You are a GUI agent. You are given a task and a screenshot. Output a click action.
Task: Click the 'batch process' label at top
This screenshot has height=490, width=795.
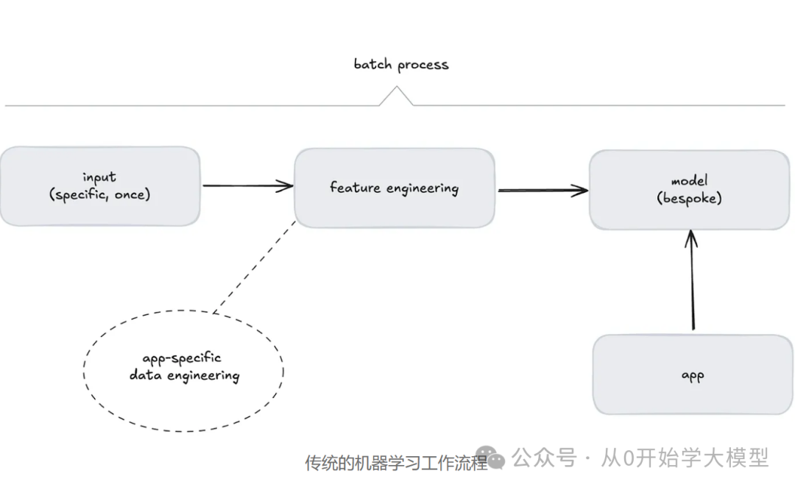click(x=400, y=65)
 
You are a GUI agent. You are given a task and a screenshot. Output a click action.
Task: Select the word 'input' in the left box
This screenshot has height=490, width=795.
click(x=99, y=177)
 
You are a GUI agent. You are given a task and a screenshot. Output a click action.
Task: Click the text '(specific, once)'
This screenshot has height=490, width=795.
click(x=99, y=195)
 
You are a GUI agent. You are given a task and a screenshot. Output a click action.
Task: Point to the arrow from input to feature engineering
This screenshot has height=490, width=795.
click(x=247, y=186)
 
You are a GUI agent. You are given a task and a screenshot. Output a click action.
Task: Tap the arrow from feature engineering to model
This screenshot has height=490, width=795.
click(x=541, y=191)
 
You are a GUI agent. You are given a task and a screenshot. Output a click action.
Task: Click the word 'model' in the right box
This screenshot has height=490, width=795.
click(x=689, y=181)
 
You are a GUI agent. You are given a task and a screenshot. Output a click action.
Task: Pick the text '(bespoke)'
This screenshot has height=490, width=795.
click(x=689, y=199)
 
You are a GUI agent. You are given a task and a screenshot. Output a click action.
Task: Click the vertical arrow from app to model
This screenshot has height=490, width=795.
click(x=691, y=283)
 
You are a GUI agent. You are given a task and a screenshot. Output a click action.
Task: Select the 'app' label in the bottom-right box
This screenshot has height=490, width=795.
click(x=693, y=376)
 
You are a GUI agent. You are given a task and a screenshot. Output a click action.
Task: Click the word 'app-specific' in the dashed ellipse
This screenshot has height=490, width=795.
click(x=181, y=358)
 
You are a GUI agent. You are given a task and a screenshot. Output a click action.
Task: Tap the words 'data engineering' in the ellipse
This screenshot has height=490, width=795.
click(x=184, y=376)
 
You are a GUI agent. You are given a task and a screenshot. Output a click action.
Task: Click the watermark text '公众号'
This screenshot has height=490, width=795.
click(x=543, y=458)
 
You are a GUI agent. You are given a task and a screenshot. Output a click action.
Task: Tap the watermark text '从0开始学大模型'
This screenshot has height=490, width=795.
click(x=685, y=458)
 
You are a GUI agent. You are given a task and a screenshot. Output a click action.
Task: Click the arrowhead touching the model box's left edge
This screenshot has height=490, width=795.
click(x=582, y=191)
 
